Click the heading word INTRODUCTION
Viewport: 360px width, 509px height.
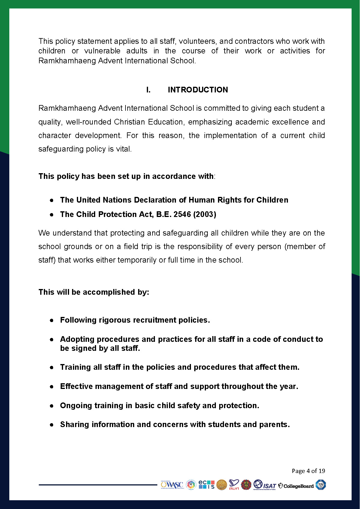198,90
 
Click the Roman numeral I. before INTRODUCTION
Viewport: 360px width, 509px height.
148,90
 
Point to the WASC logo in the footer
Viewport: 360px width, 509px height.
172,485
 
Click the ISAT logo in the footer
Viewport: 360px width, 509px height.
265,485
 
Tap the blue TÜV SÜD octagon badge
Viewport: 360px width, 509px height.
321,485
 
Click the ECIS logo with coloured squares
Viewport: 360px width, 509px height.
207,485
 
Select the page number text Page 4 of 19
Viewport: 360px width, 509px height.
308,471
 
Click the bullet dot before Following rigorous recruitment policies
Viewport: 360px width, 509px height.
52,320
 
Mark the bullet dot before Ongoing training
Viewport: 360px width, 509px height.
52,406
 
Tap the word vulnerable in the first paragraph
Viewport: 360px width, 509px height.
102,51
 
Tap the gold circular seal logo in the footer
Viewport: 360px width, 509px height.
222,485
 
